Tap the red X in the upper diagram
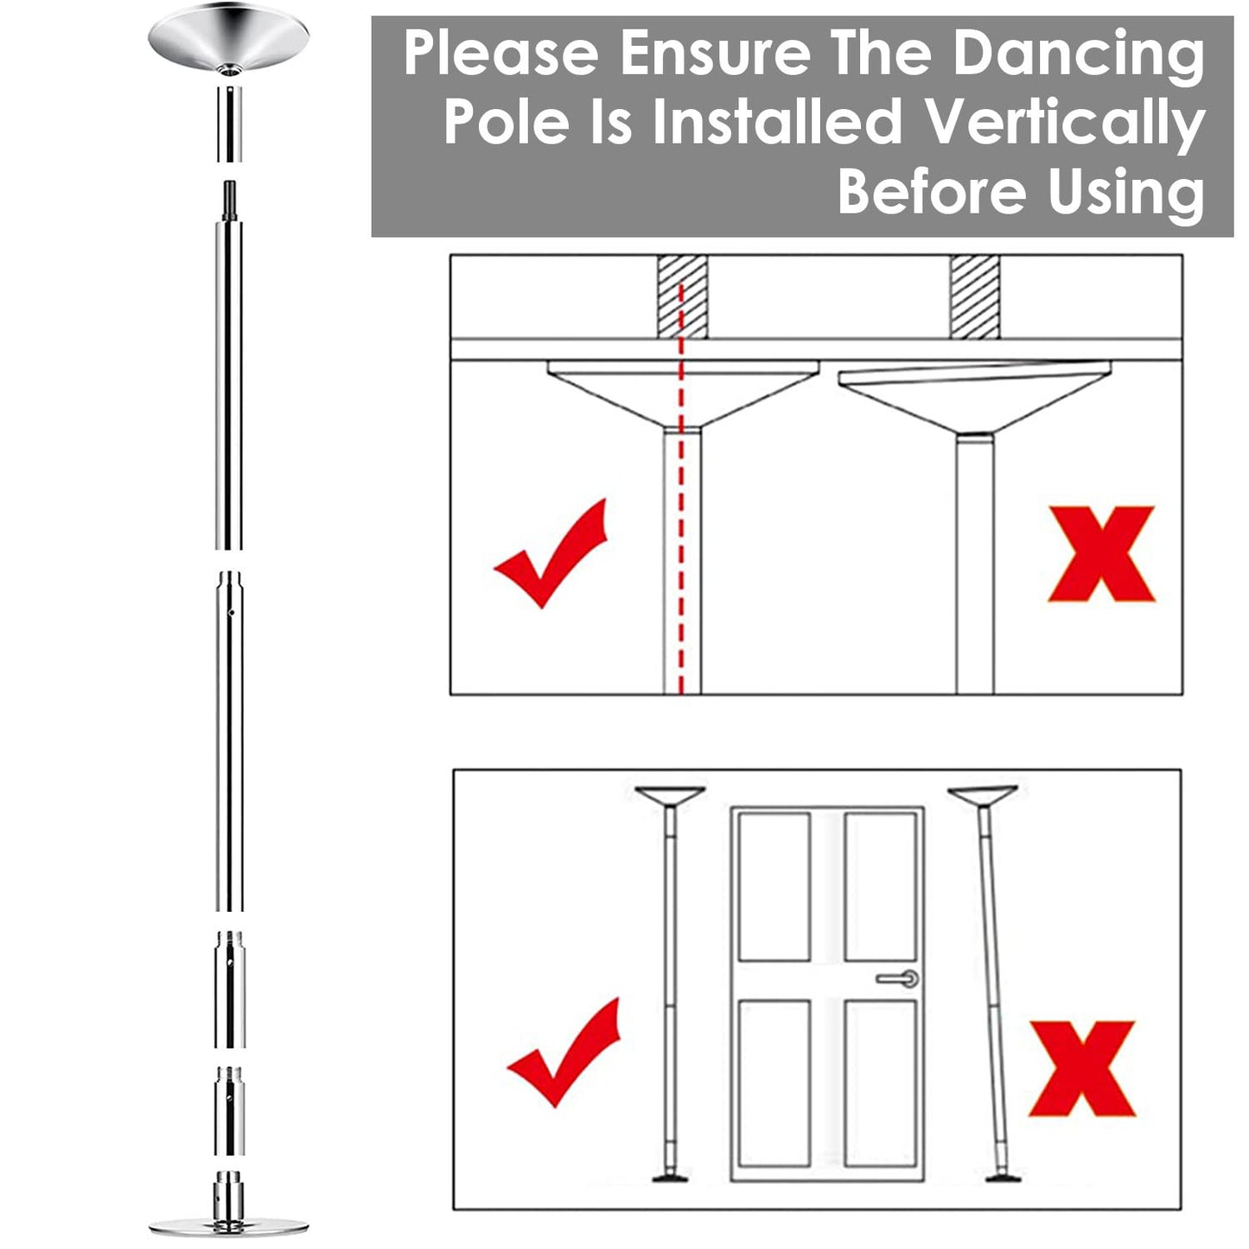1101,554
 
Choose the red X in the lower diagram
1082,1068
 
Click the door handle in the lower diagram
899,978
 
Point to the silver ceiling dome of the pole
228,39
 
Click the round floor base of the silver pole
228,1226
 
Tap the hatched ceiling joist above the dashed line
682,296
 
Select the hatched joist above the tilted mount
974,296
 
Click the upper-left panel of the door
774,885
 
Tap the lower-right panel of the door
880,1082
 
